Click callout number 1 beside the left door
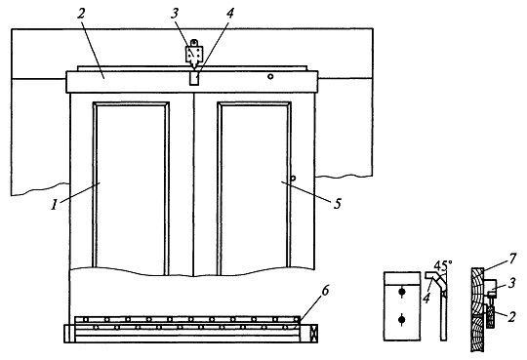coord(55,204)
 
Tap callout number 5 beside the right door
coord(338,204)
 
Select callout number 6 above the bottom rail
coord(325,291)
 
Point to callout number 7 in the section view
coord(512,259)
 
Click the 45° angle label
coord(443,266)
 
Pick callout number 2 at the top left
coord(81,14)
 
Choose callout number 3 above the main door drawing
coord(175,14)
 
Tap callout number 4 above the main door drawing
coord(230,14)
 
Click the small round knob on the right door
coord(293,178)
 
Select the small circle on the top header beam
coord(270,77)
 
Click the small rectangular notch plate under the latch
coord(193,78)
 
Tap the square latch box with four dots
coord(194,54)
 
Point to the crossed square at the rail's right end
coord(314,334)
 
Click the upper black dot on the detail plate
coord(402,292)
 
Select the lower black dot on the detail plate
coord(402,319)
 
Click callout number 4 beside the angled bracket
coord(426,299)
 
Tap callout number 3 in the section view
coord(511,283)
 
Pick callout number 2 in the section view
coord(511,317)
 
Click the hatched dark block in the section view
coord(491,318)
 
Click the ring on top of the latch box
coord(194,43)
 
